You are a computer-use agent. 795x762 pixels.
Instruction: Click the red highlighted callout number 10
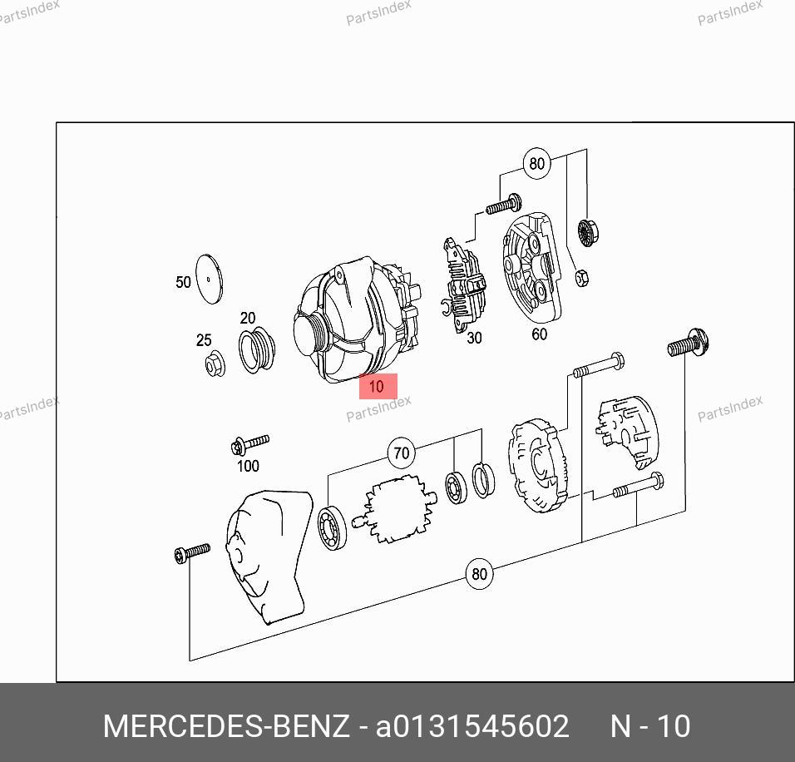coord(378,386)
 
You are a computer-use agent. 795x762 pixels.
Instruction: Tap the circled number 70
coord(401,453)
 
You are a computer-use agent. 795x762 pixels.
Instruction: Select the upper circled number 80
coord(536,163)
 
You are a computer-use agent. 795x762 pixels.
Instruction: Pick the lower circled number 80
coord(479,574)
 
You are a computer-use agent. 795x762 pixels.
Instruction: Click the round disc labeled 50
coord(210,279)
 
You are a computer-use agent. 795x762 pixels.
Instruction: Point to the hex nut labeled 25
coord(215,364)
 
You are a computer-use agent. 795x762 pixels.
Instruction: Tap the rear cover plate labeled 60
coord(531,268)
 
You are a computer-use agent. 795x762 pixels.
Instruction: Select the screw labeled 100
coord(249,444)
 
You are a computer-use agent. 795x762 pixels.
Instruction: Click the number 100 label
coord(248,466)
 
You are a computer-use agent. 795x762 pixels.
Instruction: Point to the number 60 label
coord(540,334)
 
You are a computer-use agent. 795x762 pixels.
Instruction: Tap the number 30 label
coord(474,338)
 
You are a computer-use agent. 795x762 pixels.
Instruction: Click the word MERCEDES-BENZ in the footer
coord(226,726)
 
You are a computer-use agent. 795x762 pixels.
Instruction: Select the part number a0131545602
coord(472,726)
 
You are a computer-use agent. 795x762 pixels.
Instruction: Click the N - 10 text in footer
coord(650,726)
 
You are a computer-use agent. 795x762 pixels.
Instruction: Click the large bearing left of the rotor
coord(332,528)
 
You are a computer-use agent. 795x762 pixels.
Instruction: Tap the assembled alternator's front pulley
coord(309,335)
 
